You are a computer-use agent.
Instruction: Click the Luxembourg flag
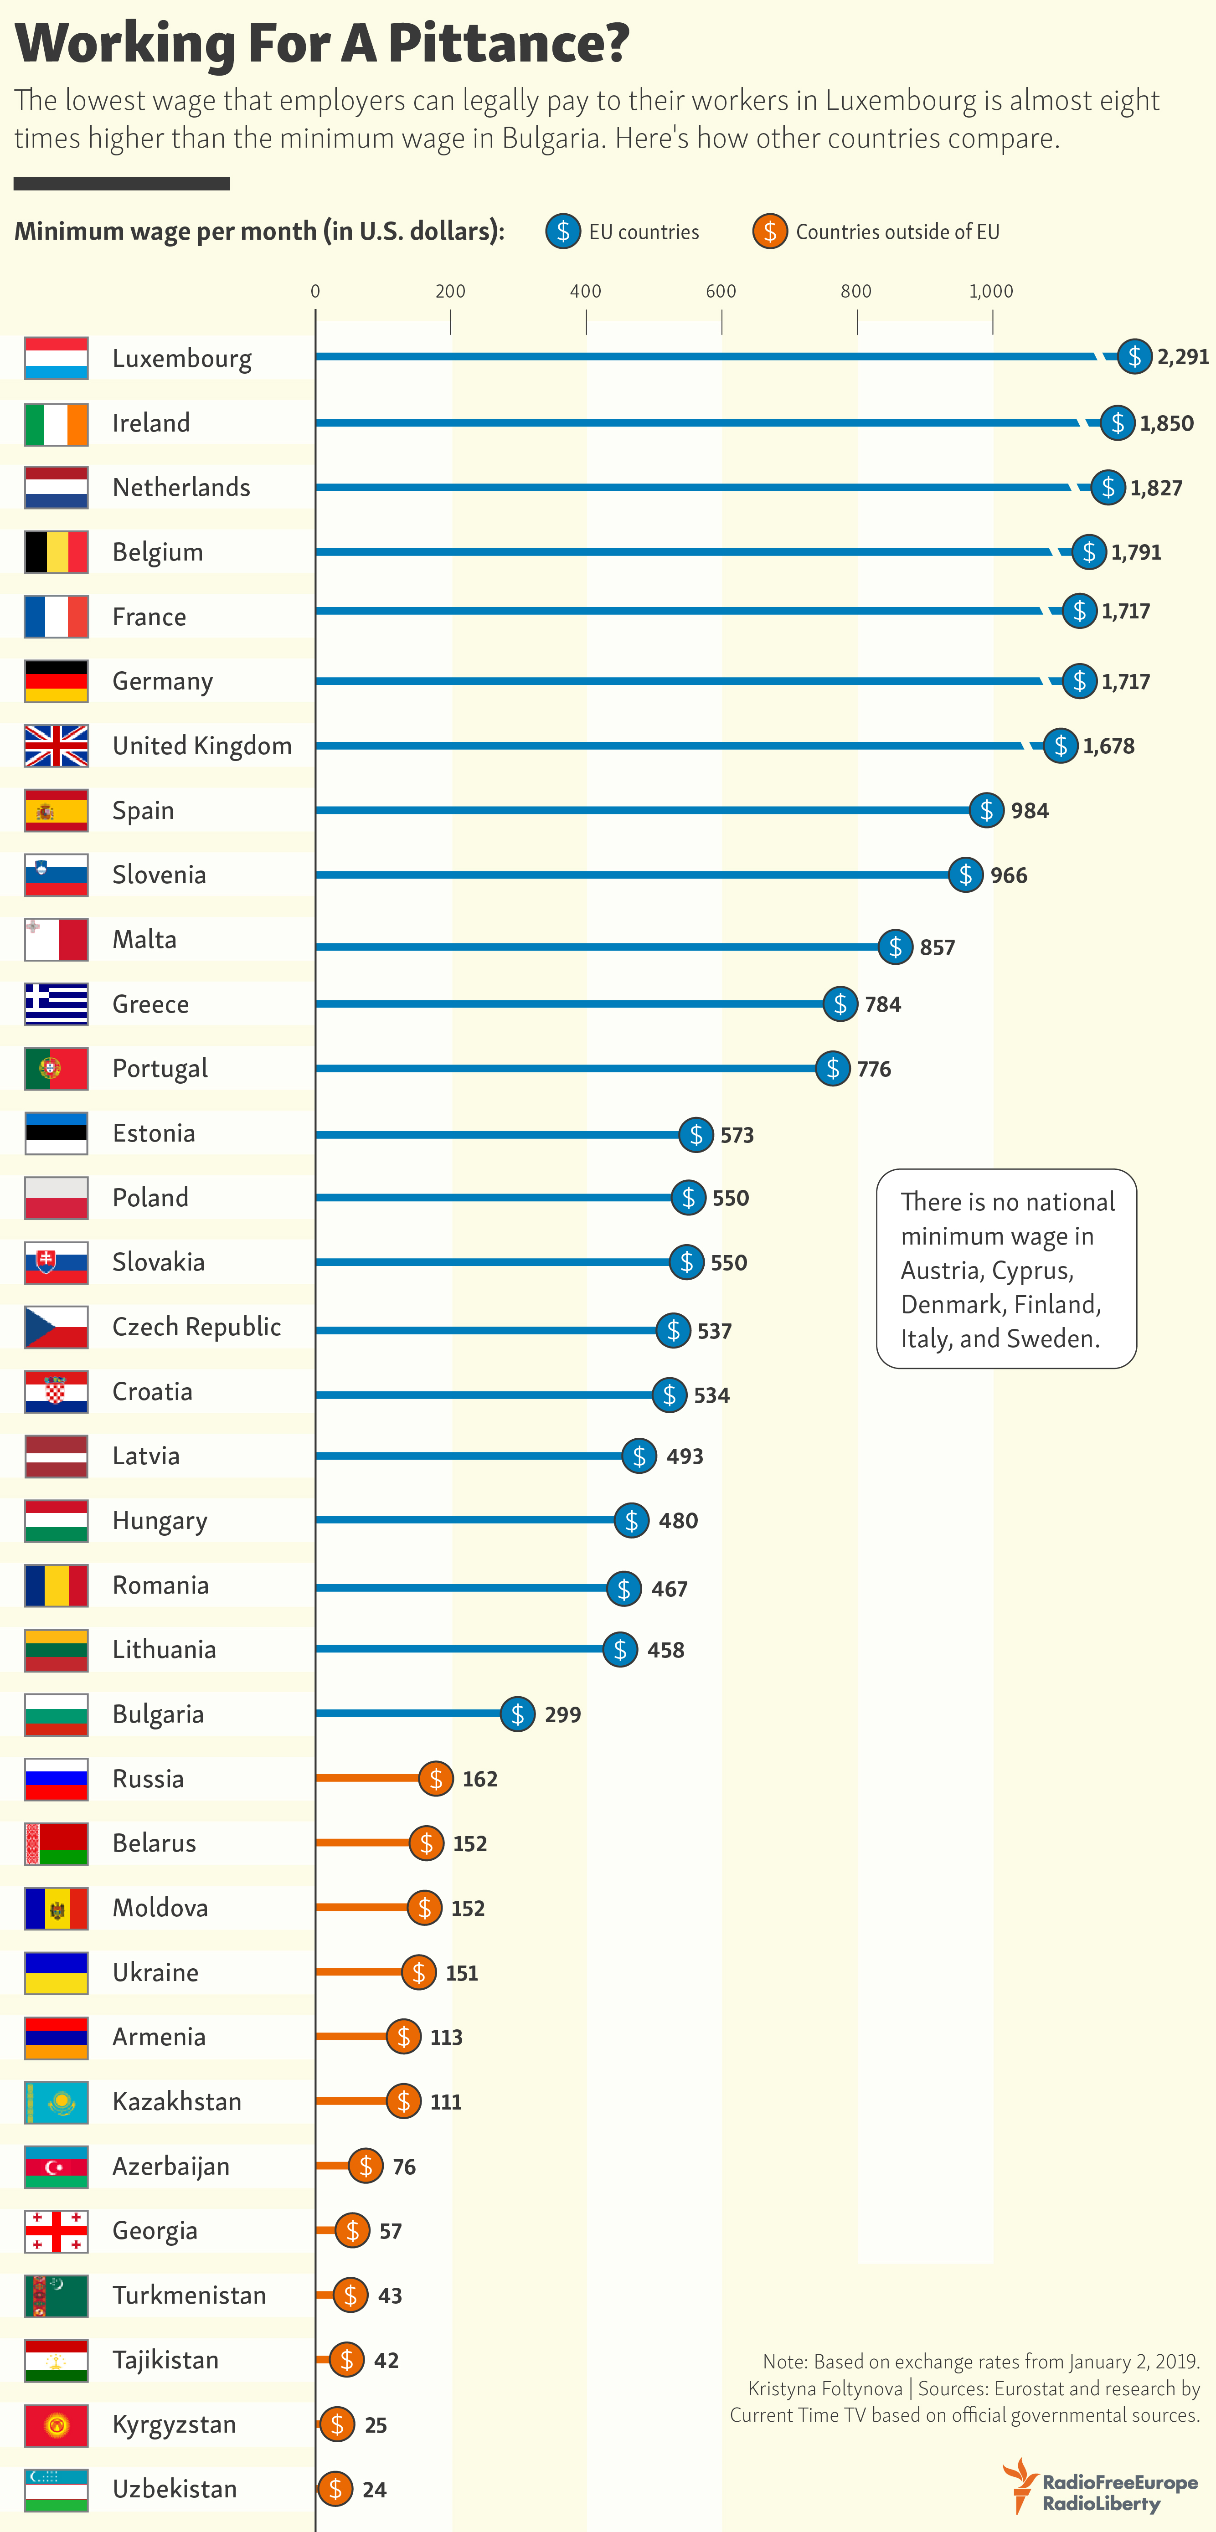click(56, 358)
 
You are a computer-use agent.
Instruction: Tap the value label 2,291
click(1183, 357)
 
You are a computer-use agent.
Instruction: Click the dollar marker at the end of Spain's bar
click(986, 810)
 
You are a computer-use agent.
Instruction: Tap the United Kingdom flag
click(56, 745)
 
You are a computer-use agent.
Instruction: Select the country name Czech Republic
click(196, 1327)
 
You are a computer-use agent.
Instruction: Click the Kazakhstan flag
click(56, 2101)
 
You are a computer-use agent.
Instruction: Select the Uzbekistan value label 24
click(375, 2490)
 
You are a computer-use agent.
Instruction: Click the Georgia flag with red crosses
click(56, 2231)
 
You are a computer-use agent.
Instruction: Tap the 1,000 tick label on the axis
click(991, 291)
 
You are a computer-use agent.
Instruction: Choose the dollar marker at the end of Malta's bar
click(895, 947)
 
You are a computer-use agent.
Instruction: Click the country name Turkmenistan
click(189, 2295)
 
